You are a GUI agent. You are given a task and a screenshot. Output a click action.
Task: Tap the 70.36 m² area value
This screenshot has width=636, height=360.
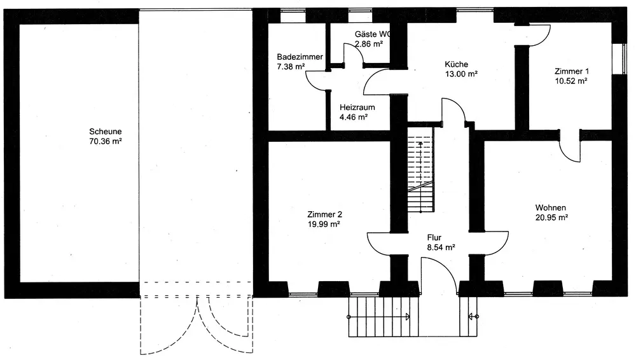click(x=106, y=142)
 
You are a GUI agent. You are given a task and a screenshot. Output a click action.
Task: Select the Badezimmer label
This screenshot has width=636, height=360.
click(x=300, y=57)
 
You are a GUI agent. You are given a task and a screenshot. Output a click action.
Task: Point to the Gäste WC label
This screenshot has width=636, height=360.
click(x=372, y=34)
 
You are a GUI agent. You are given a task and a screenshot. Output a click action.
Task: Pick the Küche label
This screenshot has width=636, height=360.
click(x=457, y=64)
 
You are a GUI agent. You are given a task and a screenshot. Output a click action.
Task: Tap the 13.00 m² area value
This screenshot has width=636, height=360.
click(x=461, y=74)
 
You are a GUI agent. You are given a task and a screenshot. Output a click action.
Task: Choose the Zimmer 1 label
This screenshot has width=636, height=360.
click(x=571, y=71)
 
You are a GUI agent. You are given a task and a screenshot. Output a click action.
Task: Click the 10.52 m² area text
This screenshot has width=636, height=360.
click(x=570, y=81)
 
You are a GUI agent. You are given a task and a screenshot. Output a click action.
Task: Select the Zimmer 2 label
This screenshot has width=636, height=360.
click(x=324, y=214)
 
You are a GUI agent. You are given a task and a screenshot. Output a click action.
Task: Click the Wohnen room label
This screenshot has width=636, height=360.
click(x=551, y=208)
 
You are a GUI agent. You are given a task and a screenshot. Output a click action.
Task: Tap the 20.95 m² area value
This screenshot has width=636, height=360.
click(x=551, y=218)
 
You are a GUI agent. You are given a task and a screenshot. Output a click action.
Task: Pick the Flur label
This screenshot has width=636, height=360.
click(x=434, y=237)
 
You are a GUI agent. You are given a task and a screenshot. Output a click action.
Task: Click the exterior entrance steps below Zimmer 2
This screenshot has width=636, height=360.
click(x=380, y=315)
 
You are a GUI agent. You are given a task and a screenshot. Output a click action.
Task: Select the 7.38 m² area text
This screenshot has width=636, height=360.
click(x=292, y=66)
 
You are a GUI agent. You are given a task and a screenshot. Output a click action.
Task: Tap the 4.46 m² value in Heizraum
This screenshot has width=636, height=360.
click(x=354, y=117)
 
